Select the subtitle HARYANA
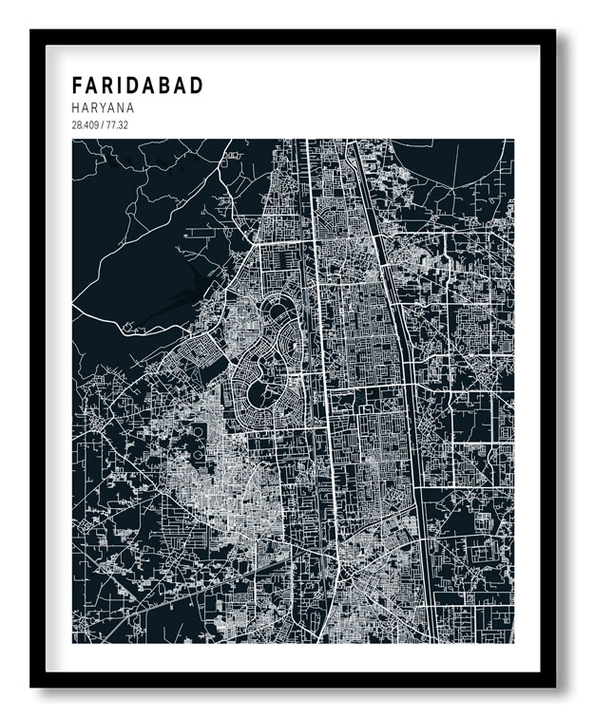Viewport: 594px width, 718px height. click(x=103, y=108)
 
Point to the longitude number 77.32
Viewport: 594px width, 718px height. click(x=120, y=125)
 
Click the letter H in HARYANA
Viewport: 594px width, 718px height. click(x=76, y=108)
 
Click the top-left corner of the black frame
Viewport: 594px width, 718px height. click(x=32, y=31)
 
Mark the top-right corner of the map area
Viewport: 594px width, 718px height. click(x=513, y=141)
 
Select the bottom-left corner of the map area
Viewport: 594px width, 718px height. click(x=73, y=642)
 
